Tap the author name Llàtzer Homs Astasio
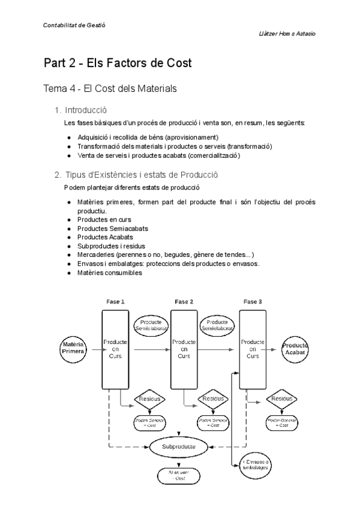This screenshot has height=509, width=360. tap(282, 34)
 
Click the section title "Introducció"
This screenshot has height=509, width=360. tap(86, 110)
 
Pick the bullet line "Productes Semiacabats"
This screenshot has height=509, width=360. tap(113, 229)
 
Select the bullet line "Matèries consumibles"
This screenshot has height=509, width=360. tap(110, 273)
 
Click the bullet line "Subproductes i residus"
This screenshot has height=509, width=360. tap(112, 246)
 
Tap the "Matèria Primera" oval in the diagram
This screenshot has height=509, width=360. tap(73, 347)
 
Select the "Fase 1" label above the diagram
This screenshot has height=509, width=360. tap(115, 301)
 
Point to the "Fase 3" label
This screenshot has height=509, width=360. tap(253, 301)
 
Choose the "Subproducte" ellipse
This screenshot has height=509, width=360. tap(179, 447)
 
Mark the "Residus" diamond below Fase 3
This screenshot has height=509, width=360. tap(282, 399)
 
